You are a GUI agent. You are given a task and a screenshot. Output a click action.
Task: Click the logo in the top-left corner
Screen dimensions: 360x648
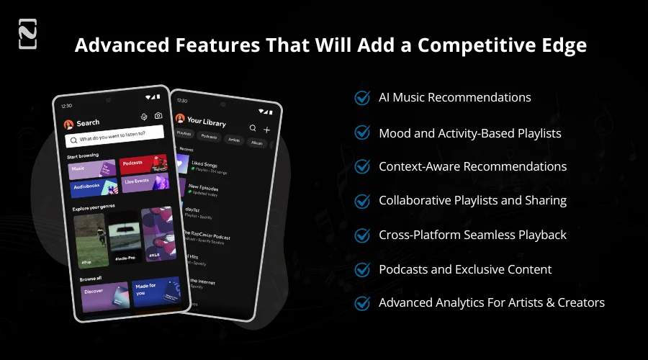click(27, 34)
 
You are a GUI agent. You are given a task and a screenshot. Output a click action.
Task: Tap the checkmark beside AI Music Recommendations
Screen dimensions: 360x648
click(363, 97)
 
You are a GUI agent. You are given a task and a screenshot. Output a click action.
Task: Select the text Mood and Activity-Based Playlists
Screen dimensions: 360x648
click(469, 132)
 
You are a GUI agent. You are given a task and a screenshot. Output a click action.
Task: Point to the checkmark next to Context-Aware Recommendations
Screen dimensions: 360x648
click(363, 167)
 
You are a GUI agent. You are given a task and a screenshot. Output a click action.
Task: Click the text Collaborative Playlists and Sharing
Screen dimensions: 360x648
click(472, 200)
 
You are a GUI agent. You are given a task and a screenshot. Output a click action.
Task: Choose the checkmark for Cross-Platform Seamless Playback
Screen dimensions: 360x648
click(363, 235)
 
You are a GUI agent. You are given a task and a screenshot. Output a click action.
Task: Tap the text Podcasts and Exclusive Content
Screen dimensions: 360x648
click(465, 269)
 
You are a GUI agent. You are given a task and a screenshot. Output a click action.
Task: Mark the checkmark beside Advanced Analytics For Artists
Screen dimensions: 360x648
click(363, 303)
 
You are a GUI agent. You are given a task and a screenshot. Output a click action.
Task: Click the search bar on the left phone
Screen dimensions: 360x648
click(114, 136)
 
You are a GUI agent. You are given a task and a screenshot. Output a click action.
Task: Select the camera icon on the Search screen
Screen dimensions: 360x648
click(158, 117)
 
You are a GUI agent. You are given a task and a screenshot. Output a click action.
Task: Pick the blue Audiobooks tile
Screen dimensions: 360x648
click(92, 186)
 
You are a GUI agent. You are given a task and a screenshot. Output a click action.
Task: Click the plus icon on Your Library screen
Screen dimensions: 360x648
click(267, 130)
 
